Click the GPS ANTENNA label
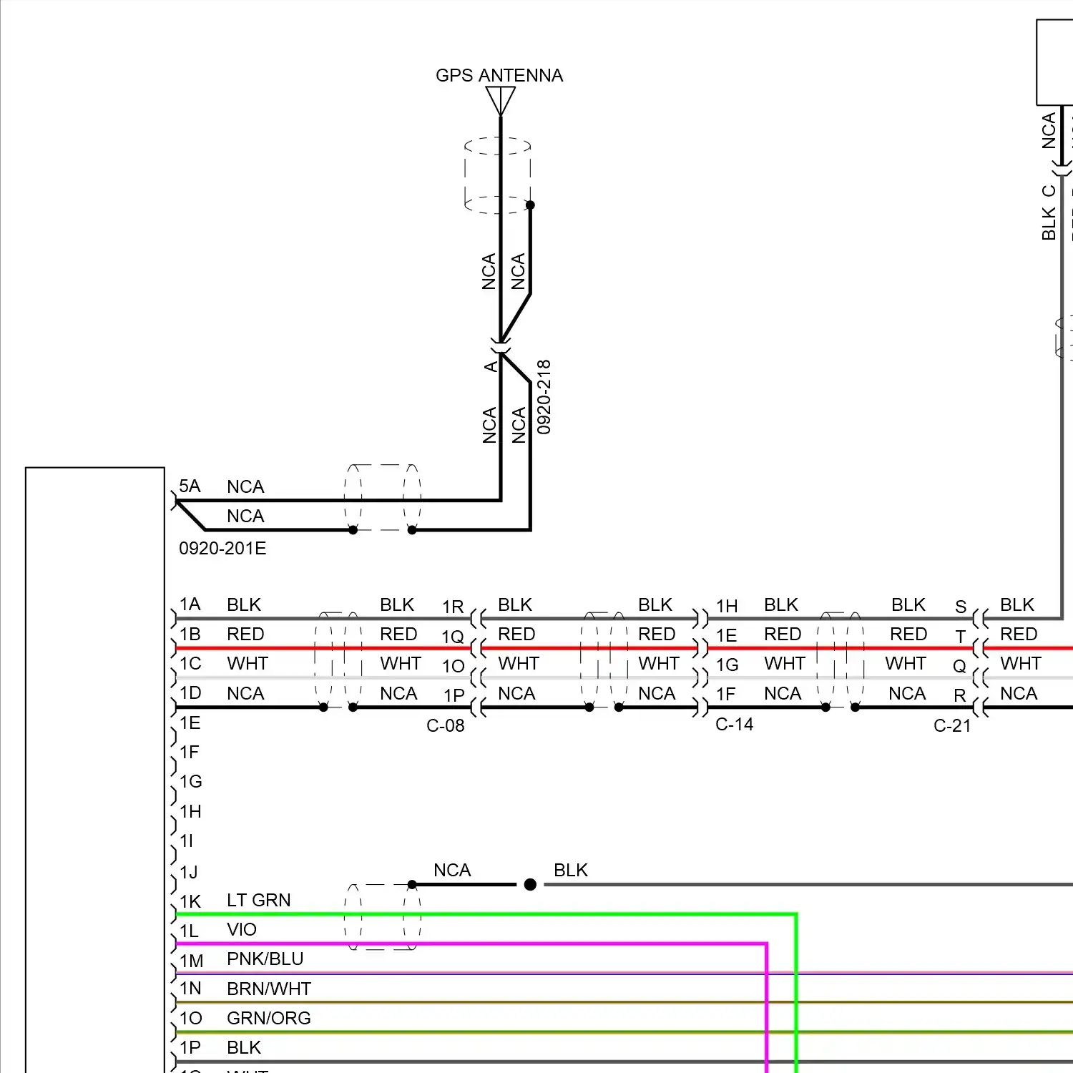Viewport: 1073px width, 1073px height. tap(499, 75)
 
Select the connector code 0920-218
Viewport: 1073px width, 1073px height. tap(544, 397)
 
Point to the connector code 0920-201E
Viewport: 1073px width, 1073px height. tap(222, 549)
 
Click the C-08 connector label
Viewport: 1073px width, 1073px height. tap(445, 725)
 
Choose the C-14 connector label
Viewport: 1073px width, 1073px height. tap(734, 724)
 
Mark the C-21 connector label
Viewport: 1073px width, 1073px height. tap(952, 725)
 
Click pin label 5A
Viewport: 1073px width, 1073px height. tap(190, 486)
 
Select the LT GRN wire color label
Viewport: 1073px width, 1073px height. tap(258, 900)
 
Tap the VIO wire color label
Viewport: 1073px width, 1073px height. tap(241, 929)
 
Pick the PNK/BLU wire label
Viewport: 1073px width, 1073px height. tap(265, 959)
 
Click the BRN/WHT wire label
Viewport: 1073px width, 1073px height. tap(268, 989)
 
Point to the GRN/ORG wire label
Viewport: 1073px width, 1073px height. tap(268, 1018)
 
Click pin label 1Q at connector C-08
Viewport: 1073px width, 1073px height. tap(453, 637)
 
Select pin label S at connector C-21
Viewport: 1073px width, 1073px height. tap(961, 607)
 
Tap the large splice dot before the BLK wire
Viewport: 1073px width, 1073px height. tap(530, 885)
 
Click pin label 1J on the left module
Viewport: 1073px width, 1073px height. tap(189, 872)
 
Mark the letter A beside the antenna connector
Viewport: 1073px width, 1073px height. tap(491, 366)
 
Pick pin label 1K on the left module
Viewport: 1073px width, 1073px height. tap(190, 901)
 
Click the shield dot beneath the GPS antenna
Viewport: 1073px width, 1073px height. tap(530, 205)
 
